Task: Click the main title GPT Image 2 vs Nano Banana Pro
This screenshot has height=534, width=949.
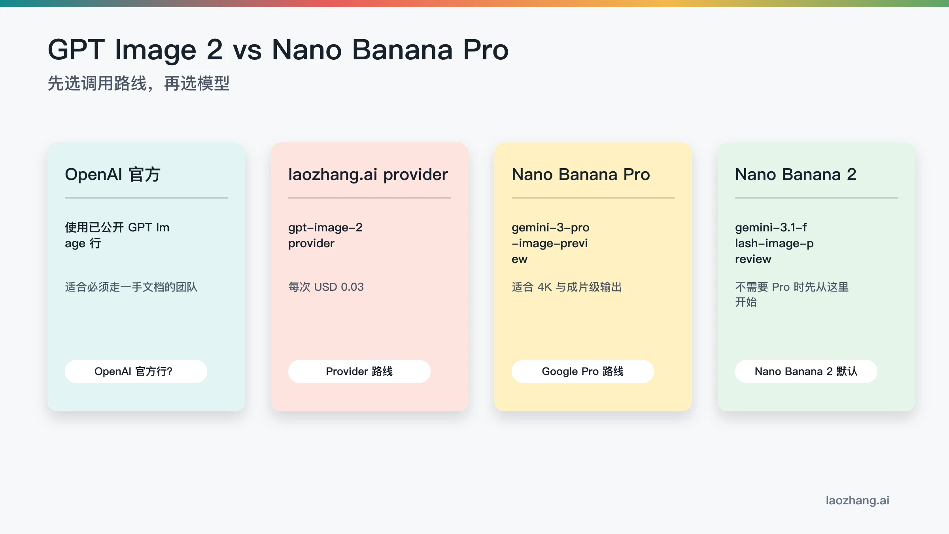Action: [x=278, y=50]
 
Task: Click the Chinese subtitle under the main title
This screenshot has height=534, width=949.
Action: [x=138, y=83]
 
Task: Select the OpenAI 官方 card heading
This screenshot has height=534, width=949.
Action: [x=113, y=174]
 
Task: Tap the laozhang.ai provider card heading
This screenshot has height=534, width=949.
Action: [x=368, y=174]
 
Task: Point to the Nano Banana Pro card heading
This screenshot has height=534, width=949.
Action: [x=580, y=174]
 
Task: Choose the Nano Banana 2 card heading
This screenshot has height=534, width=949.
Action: [x=796, y=174]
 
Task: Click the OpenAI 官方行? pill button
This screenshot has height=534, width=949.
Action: [x=136, y=371]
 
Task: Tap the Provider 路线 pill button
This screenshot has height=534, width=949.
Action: [x=359, y=371]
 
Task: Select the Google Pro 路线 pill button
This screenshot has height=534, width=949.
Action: [x=582, y=371]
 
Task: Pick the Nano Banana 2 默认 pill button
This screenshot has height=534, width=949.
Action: [x=806, y=371]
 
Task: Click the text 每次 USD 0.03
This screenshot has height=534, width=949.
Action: [x=326, y=287]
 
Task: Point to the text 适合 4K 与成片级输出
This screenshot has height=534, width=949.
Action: [x=567, y=287]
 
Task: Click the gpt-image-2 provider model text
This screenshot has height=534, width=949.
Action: [x=325, y=235]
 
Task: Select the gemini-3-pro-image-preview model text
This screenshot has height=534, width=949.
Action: [x=550, y=243]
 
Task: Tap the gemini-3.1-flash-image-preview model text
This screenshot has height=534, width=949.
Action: [x=774, y=243]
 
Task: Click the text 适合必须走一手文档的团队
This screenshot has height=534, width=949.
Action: [x=131, y=287]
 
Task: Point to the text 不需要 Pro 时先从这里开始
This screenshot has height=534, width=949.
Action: [x=791, y=294]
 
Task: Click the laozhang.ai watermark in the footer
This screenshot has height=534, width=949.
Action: [x=857, y=500]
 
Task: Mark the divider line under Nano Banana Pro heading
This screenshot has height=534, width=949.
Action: [x=593, y=197]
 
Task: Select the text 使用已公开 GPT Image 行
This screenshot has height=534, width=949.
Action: [x=117, y=235]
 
